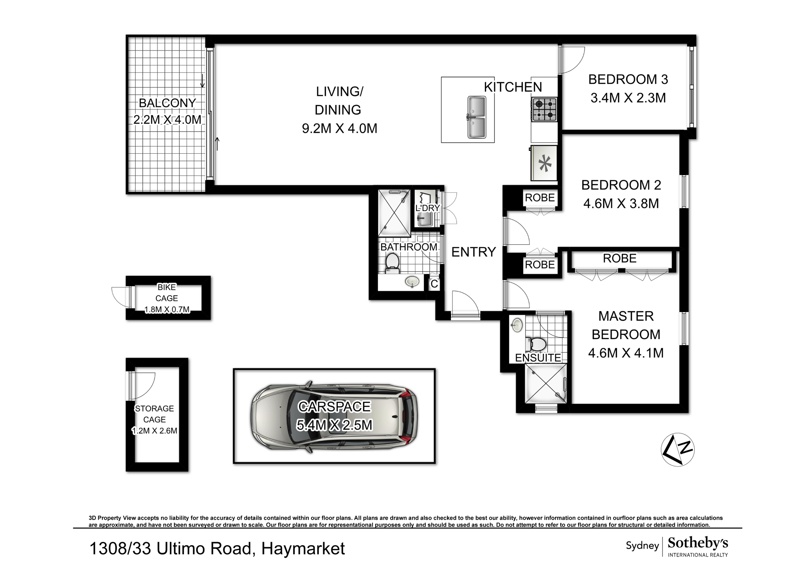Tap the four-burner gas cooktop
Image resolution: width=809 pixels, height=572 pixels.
point(544,110)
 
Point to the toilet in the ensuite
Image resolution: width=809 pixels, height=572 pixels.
point(536,344)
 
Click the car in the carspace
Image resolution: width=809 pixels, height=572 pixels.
point(334,416)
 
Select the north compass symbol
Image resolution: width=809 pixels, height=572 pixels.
point(677,449)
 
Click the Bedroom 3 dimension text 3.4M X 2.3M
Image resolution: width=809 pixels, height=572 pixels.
point(628,98)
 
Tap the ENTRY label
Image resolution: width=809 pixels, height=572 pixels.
point(473,252)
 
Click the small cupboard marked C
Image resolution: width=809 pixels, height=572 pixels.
point(434,284)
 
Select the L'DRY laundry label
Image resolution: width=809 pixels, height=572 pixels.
point(427,208)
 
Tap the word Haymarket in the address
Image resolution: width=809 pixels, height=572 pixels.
point(303,548)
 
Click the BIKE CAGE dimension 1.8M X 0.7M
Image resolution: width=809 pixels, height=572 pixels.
point(167,309)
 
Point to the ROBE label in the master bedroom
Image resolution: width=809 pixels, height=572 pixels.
point(619,258)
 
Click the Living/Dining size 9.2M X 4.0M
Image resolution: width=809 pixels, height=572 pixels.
point(339,128)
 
